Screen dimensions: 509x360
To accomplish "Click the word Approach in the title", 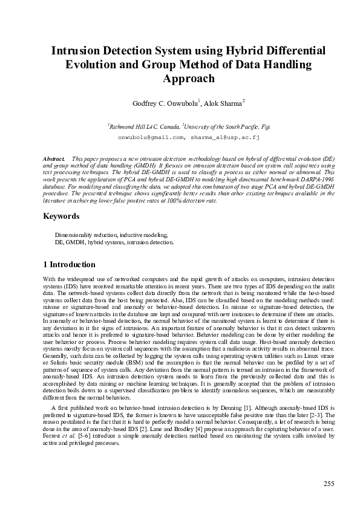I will tap(188, 79).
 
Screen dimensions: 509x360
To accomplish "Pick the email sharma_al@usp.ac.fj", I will tap(224, 137).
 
